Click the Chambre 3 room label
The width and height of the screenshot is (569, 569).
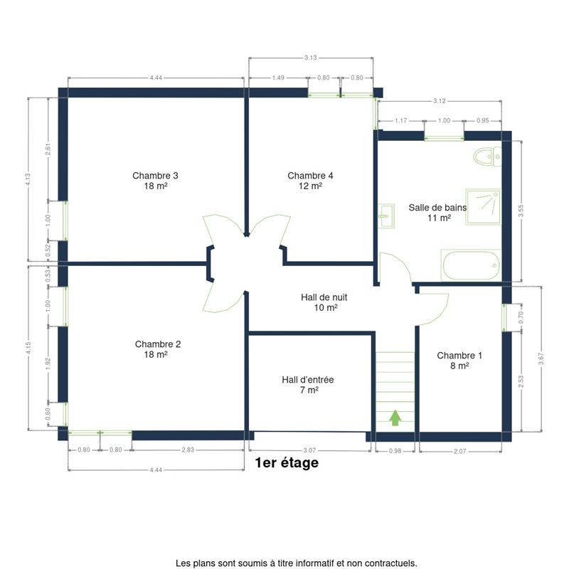(x=155, y=181)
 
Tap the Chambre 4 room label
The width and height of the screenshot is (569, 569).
(x=310, y=181)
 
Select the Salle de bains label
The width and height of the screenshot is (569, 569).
(x=437, y=213)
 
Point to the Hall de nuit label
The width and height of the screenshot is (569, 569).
(x=324, y=302)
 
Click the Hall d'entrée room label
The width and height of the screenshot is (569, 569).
(x=308, y=385)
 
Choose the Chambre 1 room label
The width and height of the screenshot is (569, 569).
(x=459, y=361)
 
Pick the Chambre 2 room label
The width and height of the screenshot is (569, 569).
(x=157, y=349)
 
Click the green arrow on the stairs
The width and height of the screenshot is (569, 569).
(x=395, y=418)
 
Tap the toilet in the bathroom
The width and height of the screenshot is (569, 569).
(x=487, y=156)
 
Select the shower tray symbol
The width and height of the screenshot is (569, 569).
(x=484, y=207)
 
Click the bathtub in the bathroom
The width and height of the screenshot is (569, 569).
(x=471, y=265)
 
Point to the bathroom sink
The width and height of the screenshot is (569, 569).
(x=386, y=216)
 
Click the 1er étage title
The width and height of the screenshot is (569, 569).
(x=287, y=463)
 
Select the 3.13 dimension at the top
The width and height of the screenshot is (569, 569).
(x=311, y=58)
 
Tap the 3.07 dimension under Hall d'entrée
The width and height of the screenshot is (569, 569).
(x=309, y=450)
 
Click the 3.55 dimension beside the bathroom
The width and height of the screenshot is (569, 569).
(x=521, y=211)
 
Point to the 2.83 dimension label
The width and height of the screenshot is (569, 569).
(x=188, y=450)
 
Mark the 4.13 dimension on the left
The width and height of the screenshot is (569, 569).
(x=28, y=180)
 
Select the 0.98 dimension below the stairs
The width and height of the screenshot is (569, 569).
(x=395, y=451)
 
